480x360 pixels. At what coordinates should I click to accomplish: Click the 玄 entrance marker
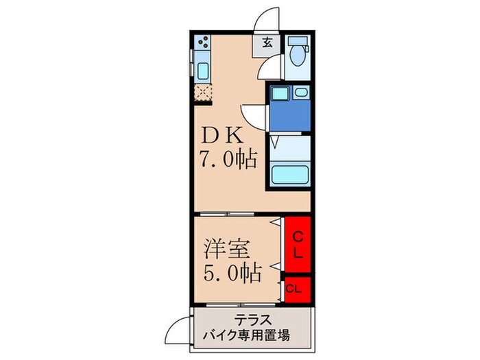[x=267, y=42]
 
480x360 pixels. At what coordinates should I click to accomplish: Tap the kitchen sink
[x=202, y=71]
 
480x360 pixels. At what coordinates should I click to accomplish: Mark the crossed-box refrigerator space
[x=203, y=93]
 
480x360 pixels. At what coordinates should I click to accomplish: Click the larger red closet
[x=299, y=245]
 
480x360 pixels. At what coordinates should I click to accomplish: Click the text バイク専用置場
[x=253, y=335]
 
